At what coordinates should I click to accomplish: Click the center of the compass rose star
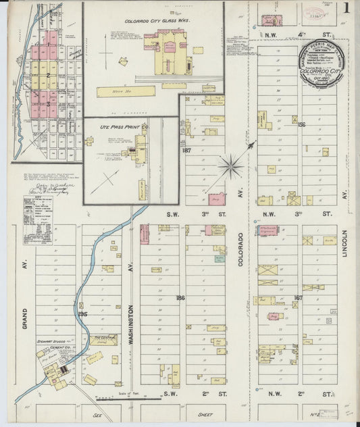click(x=232, y=164)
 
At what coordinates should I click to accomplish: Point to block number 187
click(x=187, y=151)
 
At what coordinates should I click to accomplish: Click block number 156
click(x=301, y=124)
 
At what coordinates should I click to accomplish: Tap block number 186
click(x=180, y=297)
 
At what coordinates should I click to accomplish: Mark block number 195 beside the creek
click(x=83, y=314)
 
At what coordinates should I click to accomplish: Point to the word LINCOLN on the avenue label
click(x=344, y=247)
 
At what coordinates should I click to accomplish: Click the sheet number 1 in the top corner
click(x=345, y=9)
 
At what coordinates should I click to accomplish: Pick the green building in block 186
click(x=220, y=258)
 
